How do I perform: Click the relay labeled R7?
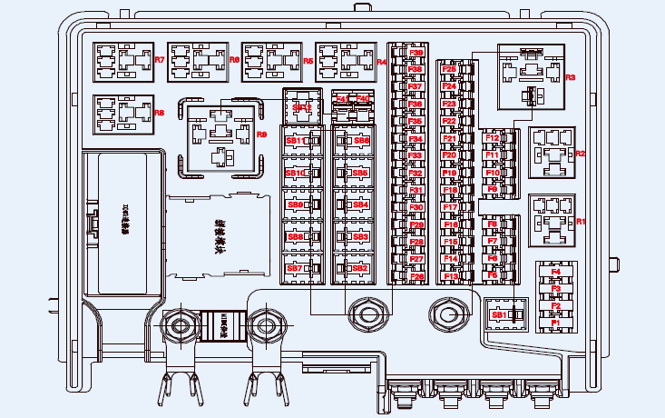(160, 60)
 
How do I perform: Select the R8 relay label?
(234, 60)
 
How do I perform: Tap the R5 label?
(308, 60)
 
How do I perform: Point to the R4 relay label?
(381, 62)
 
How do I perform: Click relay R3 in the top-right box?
(570, 78)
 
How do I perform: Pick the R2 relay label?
(581, 154)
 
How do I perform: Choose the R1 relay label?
(582, 222)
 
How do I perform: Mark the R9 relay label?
(262, 134)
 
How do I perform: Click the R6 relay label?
(160, 113)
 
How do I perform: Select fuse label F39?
(416, 54)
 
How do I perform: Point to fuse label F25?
(448, 69)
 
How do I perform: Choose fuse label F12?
(493, 137)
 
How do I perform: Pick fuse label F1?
(556, 322)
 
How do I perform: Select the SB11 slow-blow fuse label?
(295, 141)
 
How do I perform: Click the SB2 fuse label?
(360, 268)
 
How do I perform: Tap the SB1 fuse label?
(498, 314)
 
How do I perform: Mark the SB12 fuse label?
(302, 107)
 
